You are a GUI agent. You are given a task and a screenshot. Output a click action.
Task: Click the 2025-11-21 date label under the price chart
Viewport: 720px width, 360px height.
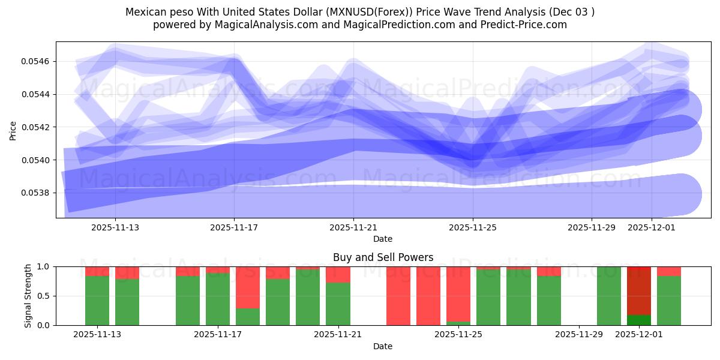pyautogui.click(x=353, y=228)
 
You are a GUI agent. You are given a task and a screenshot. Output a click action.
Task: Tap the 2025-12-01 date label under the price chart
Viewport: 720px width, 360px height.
pyautogui.click(x=651, y=228)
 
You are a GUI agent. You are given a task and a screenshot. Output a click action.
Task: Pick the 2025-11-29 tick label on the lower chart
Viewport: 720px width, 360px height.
pyautogui.click(x=579, y=335)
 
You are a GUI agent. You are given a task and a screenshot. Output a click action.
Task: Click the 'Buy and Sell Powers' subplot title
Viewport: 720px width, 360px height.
pyautogui.click(x=383, y=257)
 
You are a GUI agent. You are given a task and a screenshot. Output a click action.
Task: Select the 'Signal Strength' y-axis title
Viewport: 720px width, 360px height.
pyautogui.click(x=28, y=296)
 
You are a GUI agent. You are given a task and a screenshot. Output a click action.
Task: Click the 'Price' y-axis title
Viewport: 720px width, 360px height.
pyautogui.click(x=13, y=130)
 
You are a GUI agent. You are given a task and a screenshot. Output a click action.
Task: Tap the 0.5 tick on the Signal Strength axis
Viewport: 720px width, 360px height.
pyautogui.click(x=44, y=296)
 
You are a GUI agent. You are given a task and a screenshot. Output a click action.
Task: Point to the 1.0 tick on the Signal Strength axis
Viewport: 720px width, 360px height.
pyautogui.click(x=44, y=266)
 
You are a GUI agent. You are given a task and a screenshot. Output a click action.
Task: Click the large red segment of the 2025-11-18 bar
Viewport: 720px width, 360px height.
pyautogui.click(x=248, y=287)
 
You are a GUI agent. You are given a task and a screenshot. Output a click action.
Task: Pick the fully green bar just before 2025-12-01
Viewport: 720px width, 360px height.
pyautogui.click(x=609, y=296)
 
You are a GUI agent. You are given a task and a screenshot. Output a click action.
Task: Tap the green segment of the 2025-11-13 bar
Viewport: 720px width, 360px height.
pyautogui.click(x=97, y=301)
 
